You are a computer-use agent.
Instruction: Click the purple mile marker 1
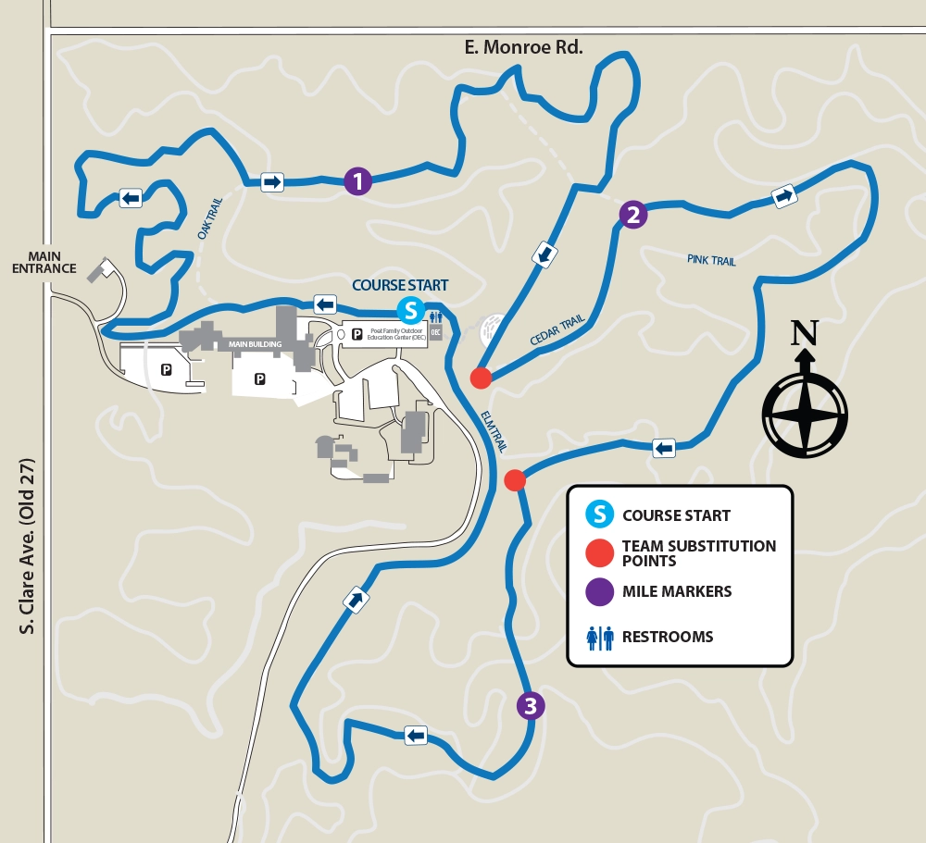[357, 181]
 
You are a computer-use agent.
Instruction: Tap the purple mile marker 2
[632, 215]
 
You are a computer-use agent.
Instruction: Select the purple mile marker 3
[530, 707]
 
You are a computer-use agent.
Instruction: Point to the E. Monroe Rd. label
[524, 46]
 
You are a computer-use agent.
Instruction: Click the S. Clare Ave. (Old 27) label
[27, 546]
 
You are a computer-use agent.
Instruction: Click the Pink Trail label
[711, 261]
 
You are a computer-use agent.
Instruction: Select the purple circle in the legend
[600, 591]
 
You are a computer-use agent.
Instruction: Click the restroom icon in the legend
[600, 637]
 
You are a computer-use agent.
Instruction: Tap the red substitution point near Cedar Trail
[480, 378]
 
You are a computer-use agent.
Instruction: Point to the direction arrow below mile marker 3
[416, 736]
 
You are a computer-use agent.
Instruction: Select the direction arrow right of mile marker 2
[783, 196]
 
